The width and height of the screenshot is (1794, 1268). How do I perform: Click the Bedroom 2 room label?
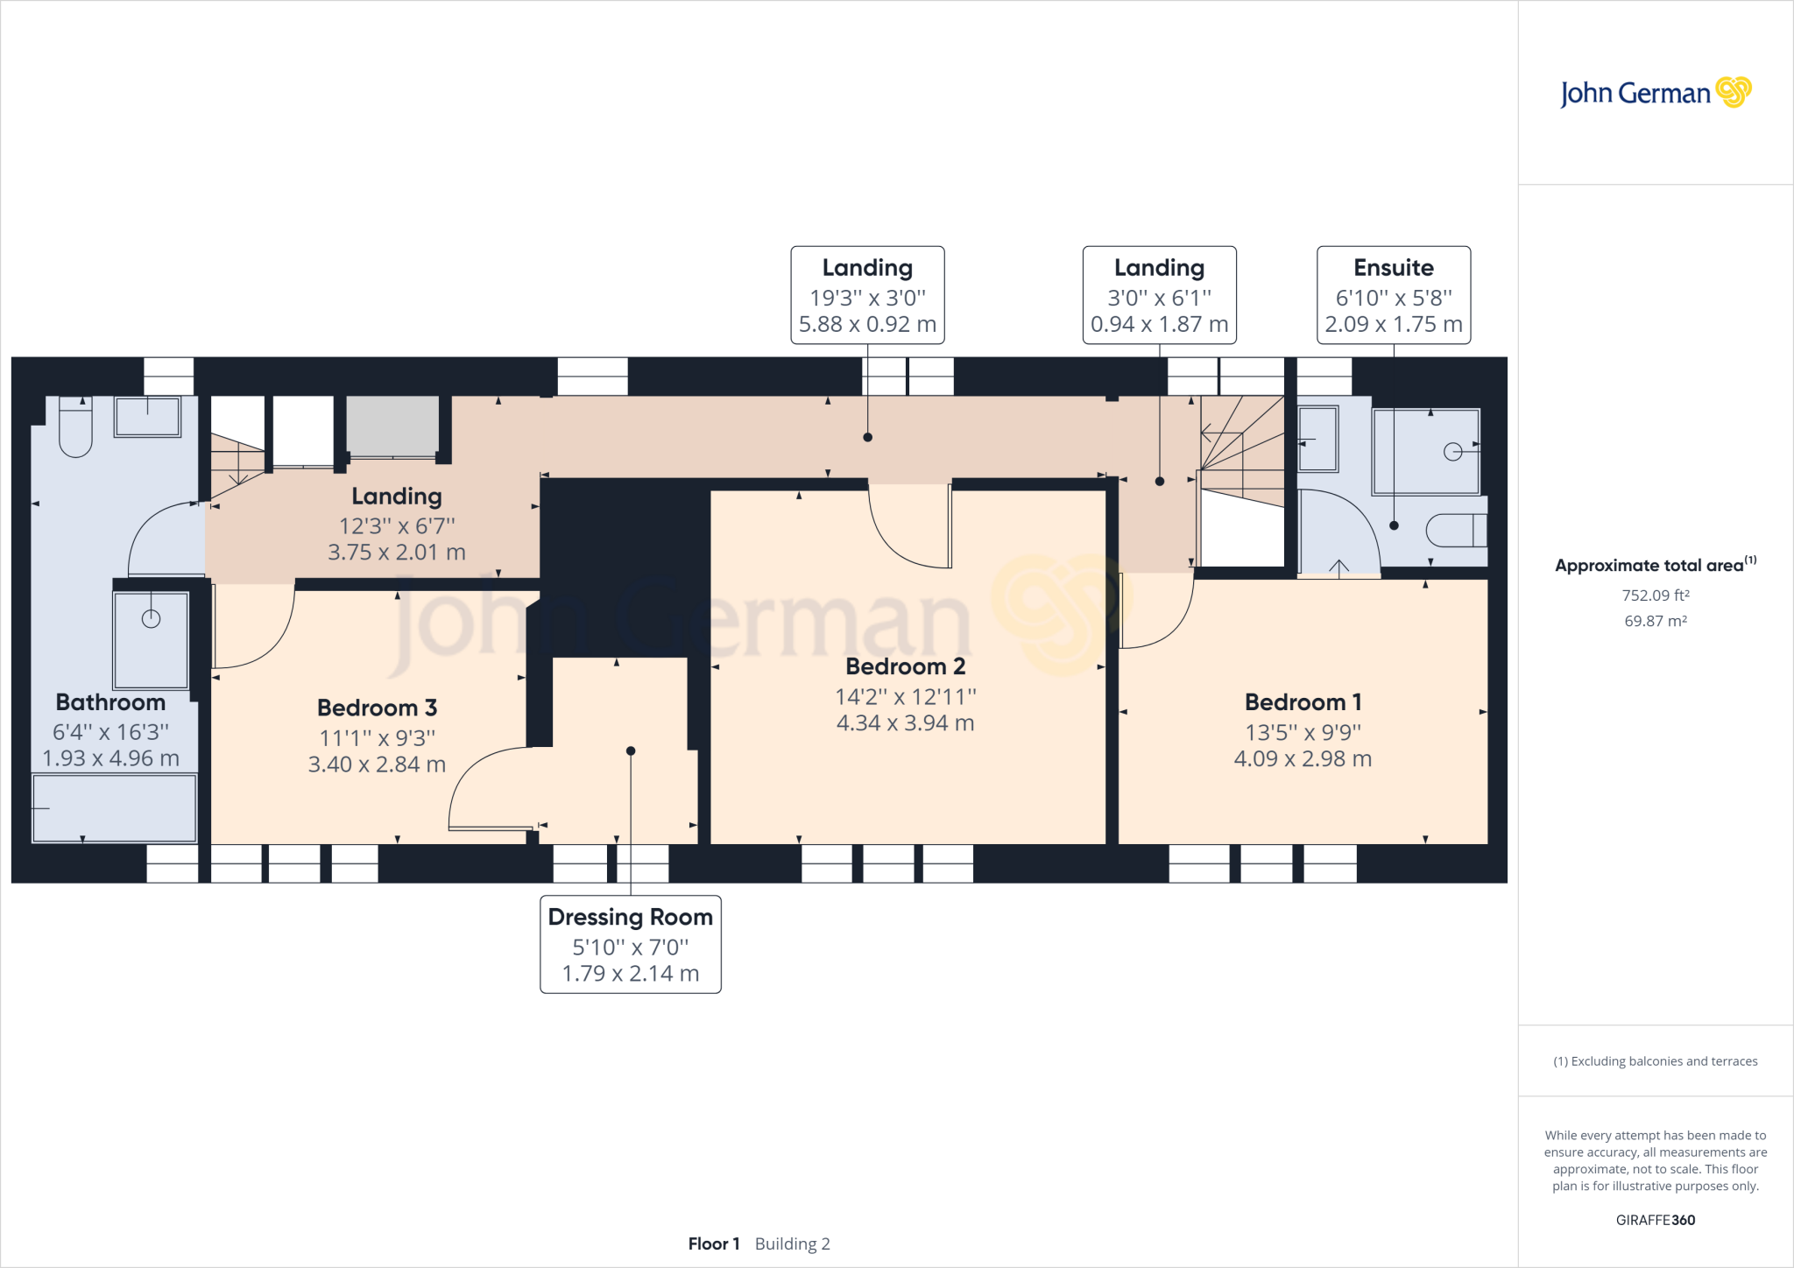coord(905,666)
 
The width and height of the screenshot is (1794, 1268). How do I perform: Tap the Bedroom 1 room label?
coord(1303,702)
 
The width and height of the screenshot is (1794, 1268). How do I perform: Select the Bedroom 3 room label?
coord(377,708)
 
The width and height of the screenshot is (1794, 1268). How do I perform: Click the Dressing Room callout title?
coord(631,917)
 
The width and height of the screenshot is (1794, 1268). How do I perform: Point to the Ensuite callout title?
coord(1394,267)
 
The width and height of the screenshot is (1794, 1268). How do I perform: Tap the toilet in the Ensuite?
coord(1457,531)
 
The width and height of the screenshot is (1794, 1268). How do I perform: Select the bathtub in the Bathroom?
coord(114,808)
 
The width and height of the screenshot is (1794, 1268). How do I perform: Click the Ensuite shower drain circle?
coord(1452,452)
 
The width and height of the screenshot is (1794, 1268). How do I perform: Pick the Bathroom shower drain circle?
coord(151,619)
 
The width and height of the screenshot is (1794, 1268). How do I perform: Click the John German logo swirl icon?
coord(1734,92)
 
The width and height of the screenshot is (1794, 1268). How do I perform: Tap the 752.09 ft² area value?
coord(1656,595)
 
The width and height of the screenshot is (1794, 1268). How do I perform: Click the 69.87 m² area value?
coord(1656,621)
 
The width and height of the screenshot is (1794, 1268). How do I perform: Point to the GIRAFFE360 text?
coord(1656,1220)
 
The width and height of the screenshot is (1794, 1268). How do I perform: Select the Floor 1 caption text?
coord(714,1243)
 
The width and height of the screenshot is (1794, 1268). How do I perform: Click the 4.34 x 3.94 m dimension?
coord(905,723)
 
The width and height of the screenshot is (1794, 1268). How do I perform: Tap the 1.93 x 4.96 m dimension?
coord(111,758)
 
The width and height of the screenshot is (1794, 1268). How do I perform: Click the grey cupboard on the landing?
coord(392,426)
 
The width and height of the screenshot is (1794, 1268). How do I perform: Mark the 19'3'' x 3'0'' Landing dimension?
coord(867,298)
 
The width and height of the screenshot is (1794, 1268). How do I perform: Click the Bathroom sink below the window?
coord(147,417)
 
